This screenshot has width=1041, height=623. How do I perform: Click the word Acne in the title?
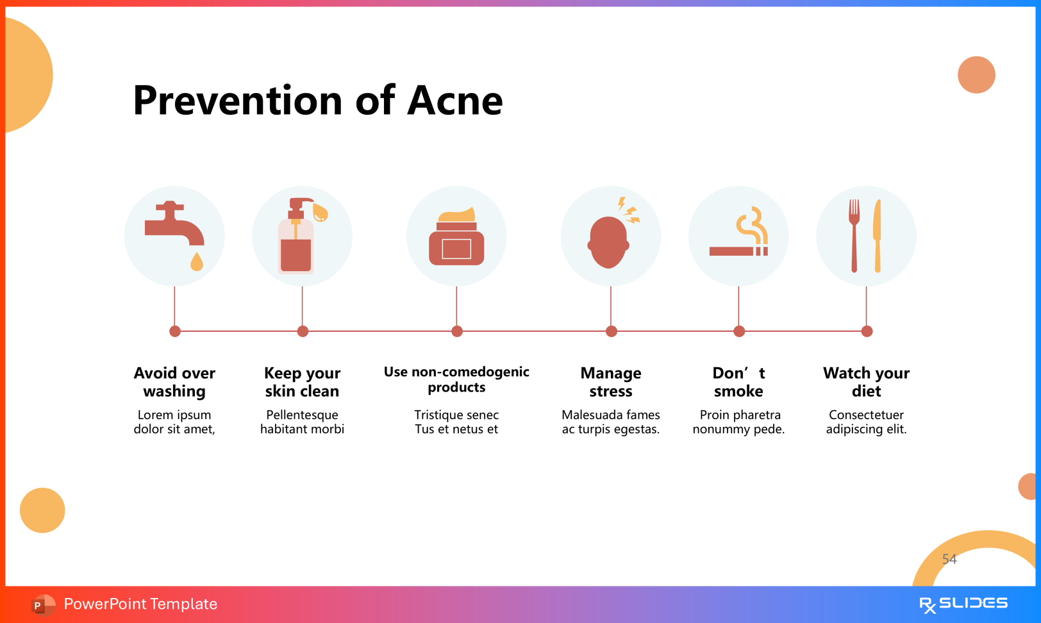(x=454, y=101)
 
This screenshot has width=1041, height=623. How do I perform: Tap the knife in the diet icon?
(x=877, y=235)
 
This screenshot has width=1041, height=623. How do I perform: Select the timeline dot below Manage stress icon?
(x=611, y=331)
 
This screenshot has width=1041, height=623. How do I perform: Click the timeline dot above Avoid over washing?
(x=175, y=331)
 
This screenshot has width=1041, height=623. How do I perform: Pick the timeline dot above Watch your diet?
(x=867, y=331)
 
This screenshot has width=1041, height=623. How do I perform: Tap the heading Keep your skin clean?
(x=302, y=382)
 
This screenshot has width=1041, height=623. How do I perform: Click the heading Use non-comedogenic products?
(x=456, y=379)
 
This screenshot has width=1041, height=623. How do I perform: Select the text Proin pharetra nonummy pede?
(x=738, y=422)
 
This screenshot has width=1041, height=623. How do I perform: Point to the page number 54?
(x=949, y=559)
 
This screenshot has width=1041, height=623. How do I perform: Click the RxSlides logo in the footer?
(x=963, y=604)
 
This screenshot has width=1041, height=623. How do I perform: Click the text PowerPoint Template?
(x=140, y=604)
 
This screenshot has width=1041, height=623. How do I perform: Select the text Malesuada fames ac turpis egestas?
(x=611, y=422)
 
